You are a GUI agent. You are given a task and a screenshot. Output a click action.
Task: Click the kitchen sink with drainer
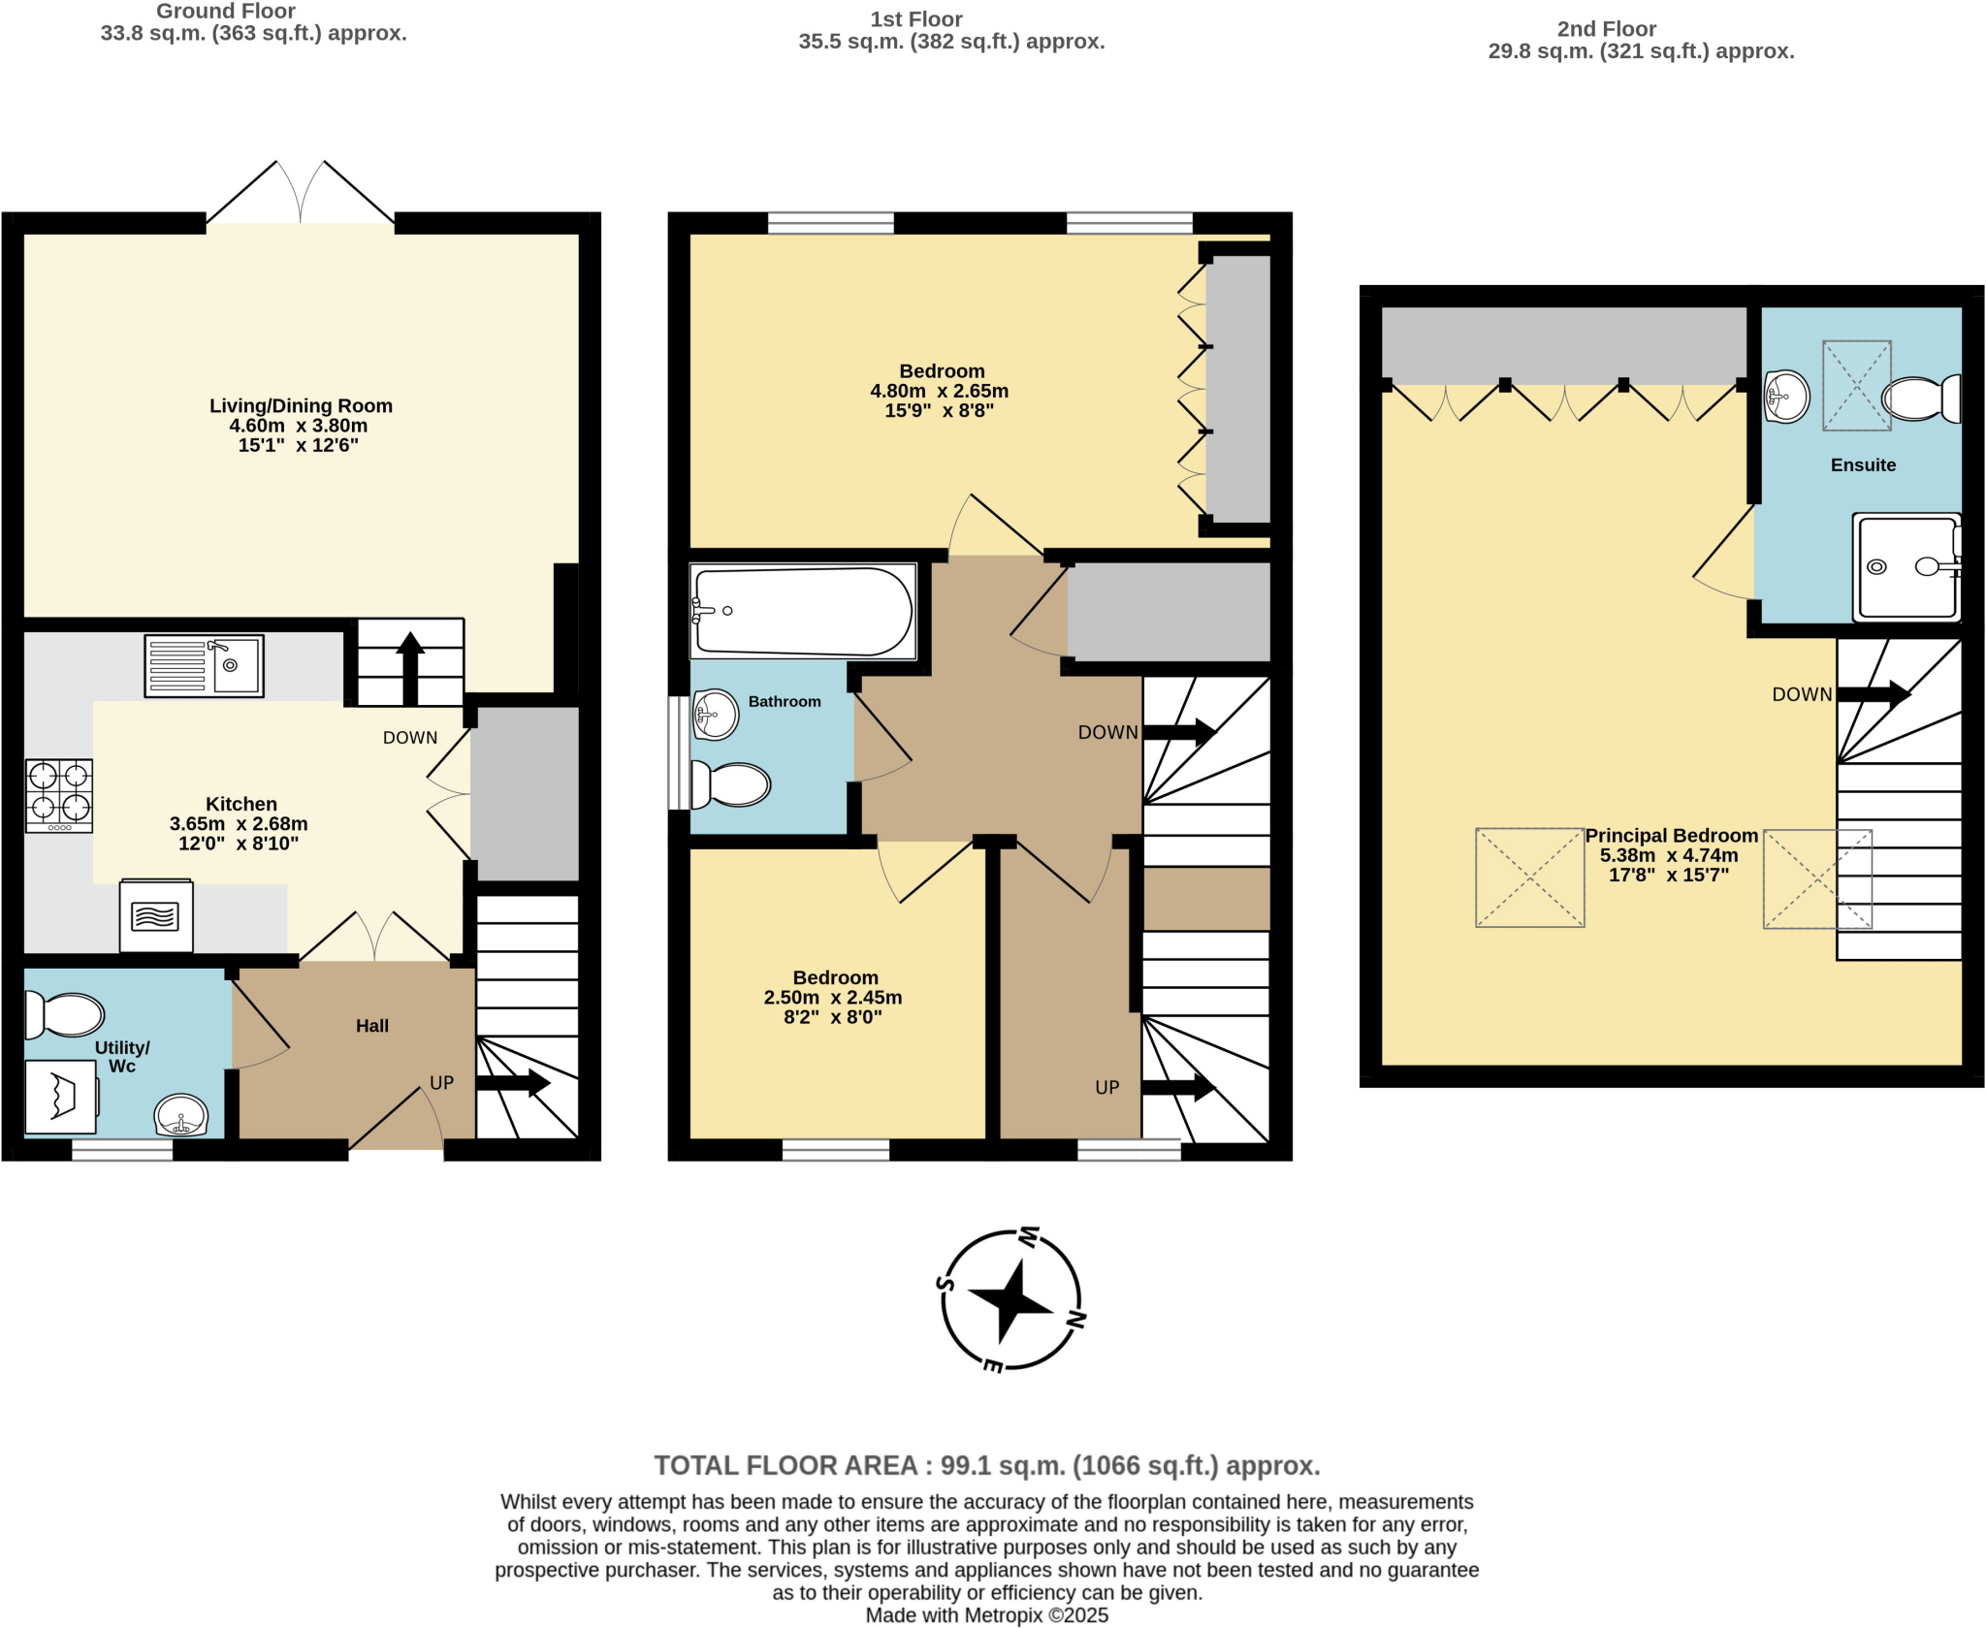click(204, 665)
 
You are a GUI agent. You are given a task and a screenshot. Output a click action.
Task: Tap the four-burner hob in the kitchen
click(59, 795)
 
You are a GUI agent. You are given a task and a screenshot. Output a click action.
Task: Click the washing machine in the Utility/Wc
click(60, 1097)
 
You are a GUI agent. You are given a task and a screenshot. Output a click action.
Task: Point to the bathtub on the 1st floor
click(803, 611)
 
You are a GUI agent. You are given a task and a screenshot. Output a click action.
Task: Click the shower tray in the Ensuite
click(1906, 567)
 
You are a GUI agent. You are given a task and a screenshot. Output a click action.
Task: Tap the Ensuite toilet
click(1920, 399)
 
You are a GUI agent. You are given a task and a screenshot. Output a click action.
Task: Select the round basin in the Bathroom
click(716, 715)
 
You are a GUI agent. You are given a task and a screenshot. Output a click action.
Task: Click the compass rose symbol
click(1011, 1299)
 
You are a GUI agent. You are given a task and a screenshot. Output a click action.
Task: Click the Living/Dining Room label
click(301, 406)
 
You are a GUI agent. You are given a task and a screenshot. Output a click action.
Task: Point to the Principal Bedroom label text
click(1671, 836)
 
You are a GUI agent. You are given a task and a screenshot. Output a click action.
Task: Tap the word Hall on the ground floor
click(371, 1026)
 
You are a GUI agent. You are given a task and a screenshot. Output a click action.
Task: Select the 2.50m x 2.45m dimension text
click(833, 998)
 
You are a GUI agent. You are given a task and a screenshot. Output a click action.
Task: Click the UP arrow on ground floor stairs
click(514, 1083)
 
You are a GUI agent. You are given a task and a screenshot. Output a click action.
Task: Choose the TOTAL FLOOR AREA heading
click(986, 1465)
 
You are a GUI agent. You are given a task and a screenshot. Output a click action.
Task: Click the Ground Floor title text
click(226, 12)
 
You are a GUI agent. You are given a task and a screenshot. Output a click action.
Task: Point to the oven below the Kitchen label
click(156, 915)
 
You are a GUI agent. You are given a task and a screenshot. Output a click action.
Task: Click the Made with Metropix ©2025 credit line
click(986, 1615)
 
